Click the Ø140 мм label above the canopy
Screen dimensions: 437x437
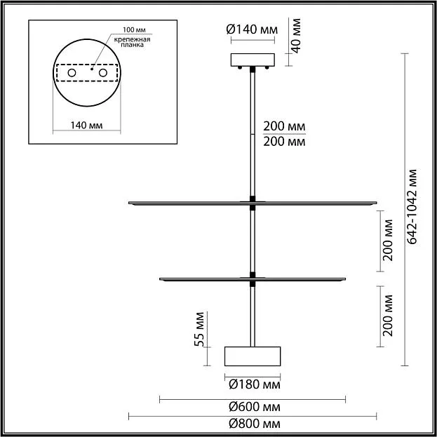[x=252, y=29]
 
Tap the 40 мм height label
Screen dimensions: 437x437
[x=296, y=36]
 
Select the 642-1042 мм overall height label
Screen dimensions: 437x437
[x=412, y=206]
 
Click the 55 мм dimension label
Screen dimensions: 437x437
[x=199, y=329]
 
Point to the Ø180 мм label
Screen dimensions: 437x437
[x=255, y=384]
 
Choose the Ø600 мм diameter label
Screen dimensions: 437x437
[x=255, y=407]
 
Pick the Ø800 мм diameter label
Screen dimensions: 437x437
[x=255, y=424]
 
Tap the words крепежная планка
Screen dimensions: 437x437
[x=132, y=42]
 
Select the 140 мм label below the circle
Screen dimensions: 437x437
[x=86, y=126]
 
